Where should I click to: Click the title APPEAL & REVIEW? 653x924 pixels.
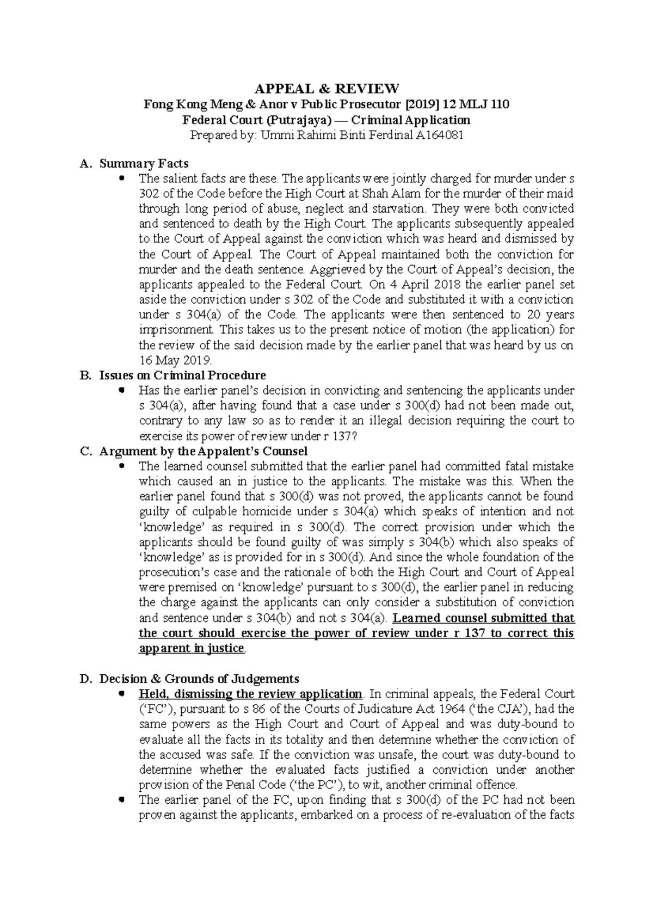tap(326, 88)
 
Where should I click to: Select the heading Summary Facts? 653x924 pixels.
tap(144, 163)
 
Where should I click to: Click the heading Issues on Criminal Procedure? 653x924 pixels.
tap(182, 375)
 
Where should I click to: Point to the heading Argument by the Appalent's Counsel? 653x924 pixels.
tap(203, 451)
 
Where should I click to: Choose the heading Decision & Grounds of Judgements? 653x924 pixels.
tap(199, 679)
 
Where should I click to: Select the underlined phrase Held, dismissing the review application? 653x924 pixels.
tap(250, 694)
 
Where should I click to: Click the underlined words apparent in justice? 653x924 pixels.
tap(192, 648)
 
